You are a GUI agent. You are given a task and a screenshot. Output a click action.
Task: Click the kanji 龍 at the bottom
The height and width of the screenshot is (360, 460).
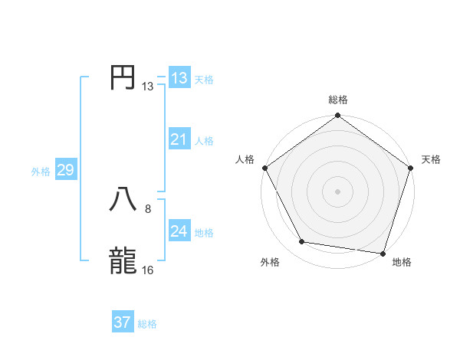(x=123, y=260)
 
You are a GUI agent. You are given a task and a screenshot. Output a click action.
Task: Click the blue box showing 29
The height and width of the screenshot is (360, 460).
(x=65, y=170)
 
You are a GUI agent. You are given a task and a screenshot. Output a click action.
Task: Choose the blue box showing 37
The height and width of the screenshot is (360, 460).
(x=123, y=322)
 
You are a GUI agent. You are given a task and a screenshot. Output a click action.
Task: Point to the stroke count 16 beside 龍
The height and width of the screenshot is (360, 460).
(x=148, y=270)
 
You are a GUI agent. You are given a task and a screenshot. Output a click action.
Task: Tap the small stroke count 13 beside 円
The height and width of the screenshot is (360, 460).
(x=148, y=87)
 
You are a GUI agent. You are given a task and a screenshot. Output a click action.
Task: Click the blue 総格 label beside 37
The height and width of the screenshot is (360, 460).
(x=147, y=324)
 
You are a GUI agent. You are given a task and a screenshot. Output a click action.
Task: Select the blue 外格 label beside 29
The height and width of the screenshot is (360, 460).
(x=41, y=172)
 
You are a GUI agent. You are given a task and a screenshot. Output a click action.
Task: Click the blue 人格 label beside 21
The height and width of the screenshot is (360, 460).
(x=205, y=141)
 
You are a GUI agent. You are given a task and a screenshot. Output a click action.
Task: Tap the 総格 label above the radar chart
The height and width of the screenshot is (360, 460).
(x=337, y=100)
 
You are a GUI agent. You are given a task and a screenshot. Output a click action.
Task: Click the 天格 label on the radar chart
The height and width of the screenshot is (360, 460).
(x=432, y=159)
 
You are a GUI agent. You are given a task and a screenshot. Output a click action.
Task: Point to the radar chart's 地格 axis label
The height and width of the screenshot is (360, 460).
(x=402, y=263)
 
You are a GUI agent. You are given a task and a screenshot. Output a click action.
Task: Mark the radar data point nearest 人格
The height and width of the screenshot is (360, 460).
(x=264, y=168)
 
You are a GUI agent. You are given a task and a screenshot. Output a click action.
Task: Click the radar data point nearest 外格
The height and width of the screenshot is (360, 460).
(x=302, y=242)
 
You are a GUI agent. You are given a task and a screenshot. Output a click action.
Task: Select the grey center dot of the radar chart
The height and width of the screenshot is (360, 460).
(x=337, y=191)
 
